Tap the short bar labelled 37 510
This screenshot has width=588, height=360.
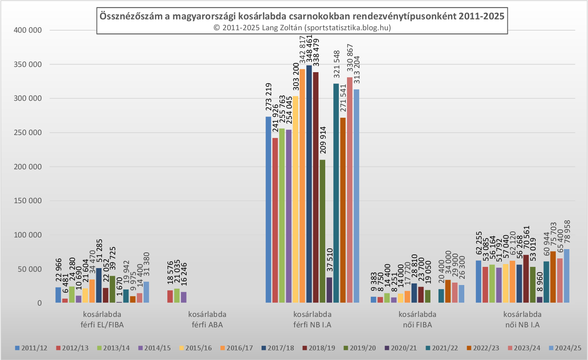tap(329, 290)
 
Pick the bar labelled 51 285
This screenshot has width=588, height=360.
tap(99, 285)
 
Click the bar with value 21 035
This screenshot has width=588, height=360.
tap(177, 295)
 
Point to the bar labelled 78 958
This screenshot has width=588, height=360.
tap(567, 276)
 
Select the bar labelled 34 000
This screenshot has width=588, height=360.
tap(448, 291)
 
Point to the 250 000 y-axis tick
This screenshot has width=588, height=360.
tap(28, 133)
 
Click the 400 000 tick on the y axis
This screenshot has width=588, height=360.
tap(28, 30)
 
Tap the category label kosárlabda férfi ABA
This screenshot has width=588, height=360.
tap(207, 319)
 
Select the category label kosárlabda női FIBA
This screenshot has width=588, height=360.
tap(417, 319)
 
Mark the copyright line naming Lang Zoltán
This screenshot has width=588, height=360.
tap(302, 28)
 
